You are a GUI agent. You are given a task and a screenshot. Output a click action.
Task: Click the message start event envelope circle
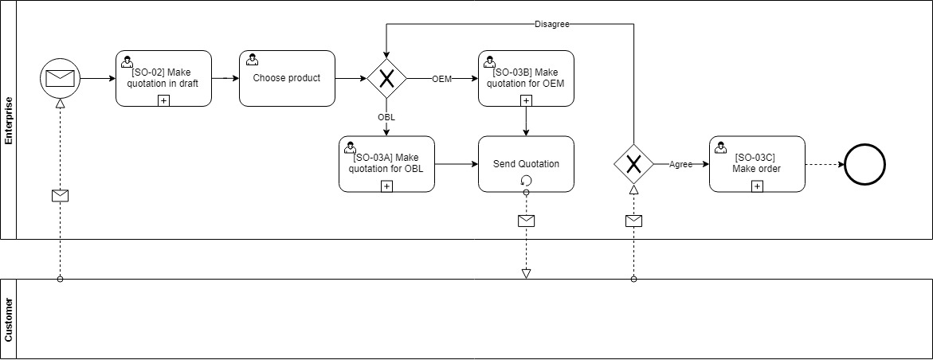(x=61, y=78)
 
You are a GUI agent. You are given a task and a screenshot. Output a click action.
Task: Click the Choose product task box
(x=287, y=78)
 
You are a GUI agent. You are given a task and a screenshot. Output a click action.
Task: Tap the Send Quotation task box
(x=526, y=164)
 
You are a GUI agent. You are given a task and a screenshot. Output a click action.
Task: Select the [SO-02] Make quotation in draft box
(x=163, y=78)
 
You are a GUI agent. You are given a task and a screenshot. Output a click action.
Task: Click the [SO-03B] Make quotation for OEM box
(x=526, y=78)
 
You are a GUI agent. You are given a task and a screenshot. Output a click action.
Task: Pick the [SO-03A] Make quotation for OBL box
(x=386, y=164)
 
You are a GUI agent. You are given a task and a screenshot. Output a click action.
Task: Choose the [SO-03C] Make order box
(x=757, y=164)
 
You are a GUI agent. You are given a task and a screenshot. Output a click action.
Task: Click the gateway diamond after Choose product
(x=387, y=78)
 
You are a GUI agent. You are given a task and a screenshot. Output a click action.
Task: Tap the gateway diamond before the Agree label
(x=633, y=164)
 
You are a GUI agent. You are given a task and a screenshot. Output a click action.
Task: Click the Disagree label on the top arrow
(x=551, y=24)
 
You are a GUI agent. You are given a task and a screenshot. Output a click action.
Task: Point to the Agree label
(x=680, y=164)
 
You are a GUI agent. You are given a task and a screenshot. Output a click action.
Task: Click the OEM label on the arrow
(x=442, y=79)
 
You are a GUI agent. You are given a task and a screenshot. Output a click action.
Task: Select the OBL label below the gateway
(x=386, y=117)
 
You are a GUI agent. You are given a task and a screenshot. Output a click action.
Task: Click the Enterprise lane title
(x=9, y=119)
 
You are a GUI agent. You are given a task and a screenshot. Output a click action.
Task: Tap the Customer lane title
(x=9, y=319)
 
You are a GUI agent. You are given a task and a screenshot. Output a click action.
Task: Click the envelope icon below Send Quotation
(x=526, y=221)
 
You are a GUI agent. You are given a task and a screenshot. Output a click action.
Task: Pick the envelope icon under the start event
(x=61, y=195)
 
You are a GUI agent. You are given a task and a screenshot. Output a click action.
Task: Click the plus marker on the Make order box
(x=757, y=186)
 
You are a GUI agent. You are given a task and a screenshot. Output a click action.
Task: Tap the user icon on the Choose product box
(x=252, y=60)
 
